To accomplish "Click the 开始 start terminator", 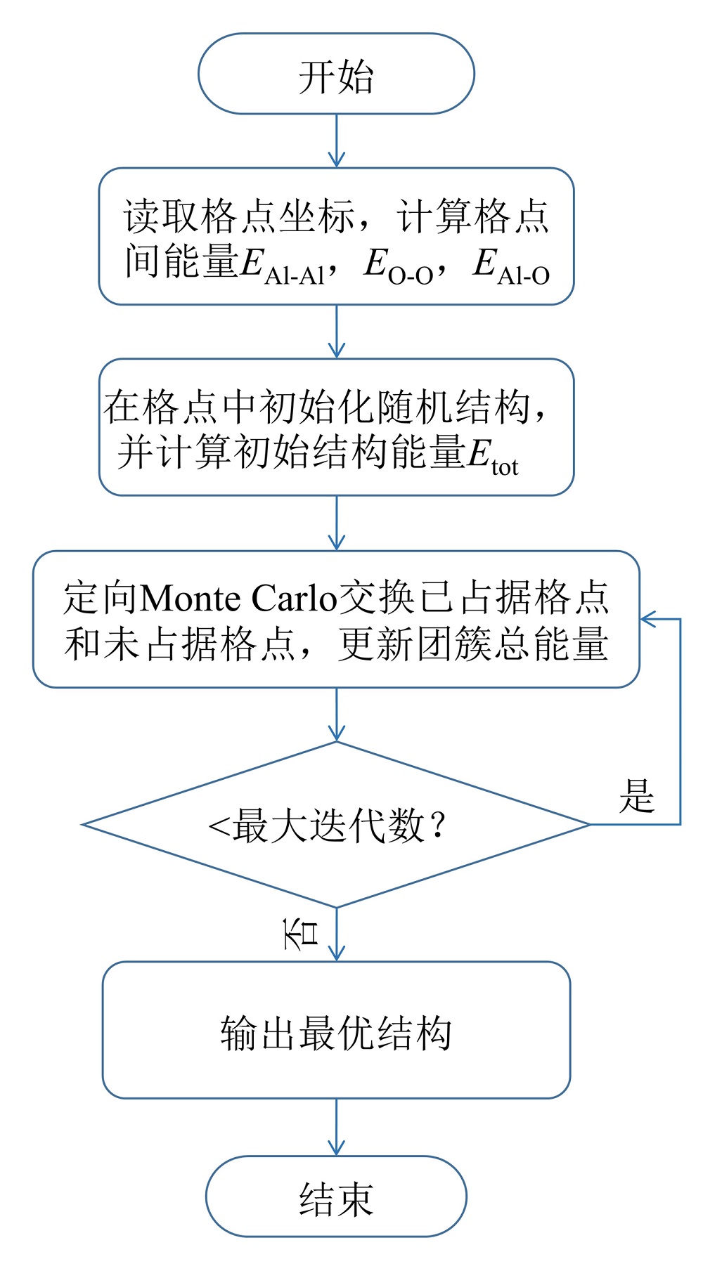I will point(336,74).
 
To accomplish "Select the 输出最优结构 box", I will point(336,1030).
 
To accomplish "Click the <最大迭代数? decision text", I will point(328,825).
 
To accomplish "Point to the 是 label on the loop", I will point(636,797).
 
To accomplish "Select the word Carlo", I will point(295,599).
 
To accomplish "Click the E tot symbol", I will point(492,455).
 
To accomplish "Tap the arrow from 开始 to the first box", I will point(337,141).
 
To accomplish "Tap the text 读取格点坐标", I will point(239,216).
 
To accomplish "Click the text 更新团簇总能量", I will point(472,644).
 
